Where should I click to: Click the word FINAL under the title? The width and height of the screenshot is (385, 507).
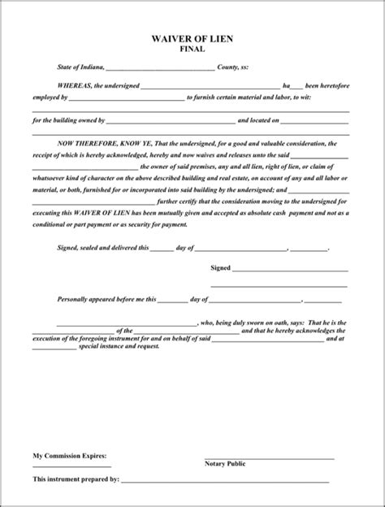[192, 49]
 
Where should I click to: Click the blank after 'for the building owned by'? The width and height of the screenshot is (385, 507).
[171, 121]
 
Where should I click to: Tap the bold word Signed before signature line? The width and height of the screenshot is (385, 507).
[220, 266]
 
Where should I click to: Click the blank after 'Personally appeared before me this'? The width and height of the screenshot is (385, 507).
[171, 300]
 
